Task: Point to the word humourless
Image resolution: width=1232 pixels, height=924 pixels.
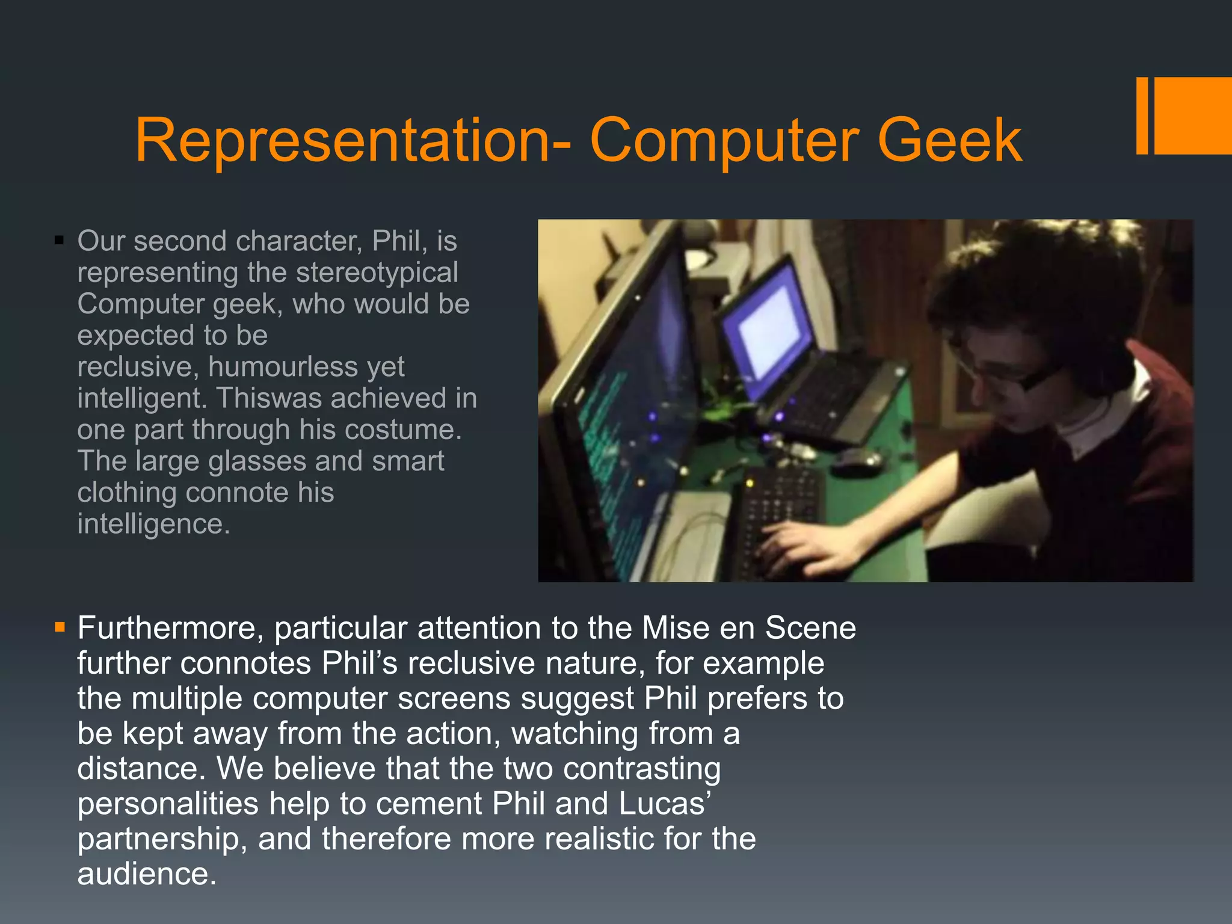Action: click(x=306, y=367)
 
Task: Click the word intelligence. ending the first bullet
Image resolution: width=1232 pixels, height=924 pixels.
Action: click(x=153, y=524)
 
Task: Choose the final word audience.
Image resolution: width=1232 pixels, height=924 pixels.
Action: click(x=146, y=874)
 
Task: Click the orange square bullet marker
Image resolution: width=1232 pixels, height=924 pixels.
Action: click(x=59, y=628)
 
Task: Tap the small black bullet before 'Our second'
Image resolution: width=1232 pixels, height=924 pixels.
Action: click(x=58, y=241)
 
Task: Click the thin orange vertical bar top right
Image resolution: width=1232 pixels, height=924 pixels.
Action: click(x=1142, y=115)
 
